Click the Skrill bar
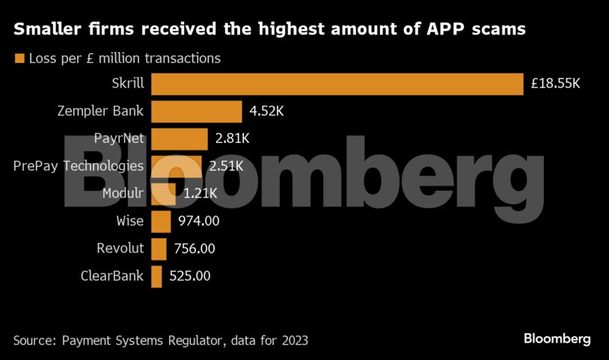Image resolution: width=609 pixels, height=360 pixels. point(337,85)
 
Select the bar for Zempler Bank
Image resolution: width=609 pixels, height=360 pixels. point(196,112)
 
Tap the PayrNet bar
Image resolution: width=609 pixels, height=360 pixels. point(180,138)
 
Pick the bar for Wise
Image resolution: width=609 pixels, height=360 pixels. point(161,221)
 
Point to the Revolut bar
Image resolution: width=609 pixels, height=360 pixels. point(159,248)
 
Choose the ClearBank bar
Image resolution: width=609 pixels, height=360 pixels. point(156,275)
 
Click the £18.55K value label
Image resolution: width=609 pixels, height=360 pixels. point(555,85)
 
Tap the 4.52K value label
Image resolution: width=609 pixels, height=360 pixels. point(267,112)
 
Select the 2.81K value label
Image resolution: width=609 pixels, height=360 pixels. point(232,138)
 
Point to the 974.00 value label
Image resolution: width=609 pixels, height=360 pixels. point(198,221)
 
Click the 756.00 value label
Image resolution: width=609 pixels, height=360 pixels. point(194,248)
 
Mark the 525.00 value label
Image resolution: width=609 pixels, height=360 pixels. point(189,275)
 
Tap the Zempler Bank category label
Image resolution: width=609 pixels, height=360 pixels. point(101,112)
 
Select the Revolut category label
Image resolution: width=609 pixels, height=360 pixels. point(120,248)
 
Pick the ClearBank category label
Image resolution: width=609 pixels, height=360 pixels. point(112,275)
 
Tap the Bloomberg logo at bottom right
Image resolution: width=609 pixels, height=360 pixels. point(557,339)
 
